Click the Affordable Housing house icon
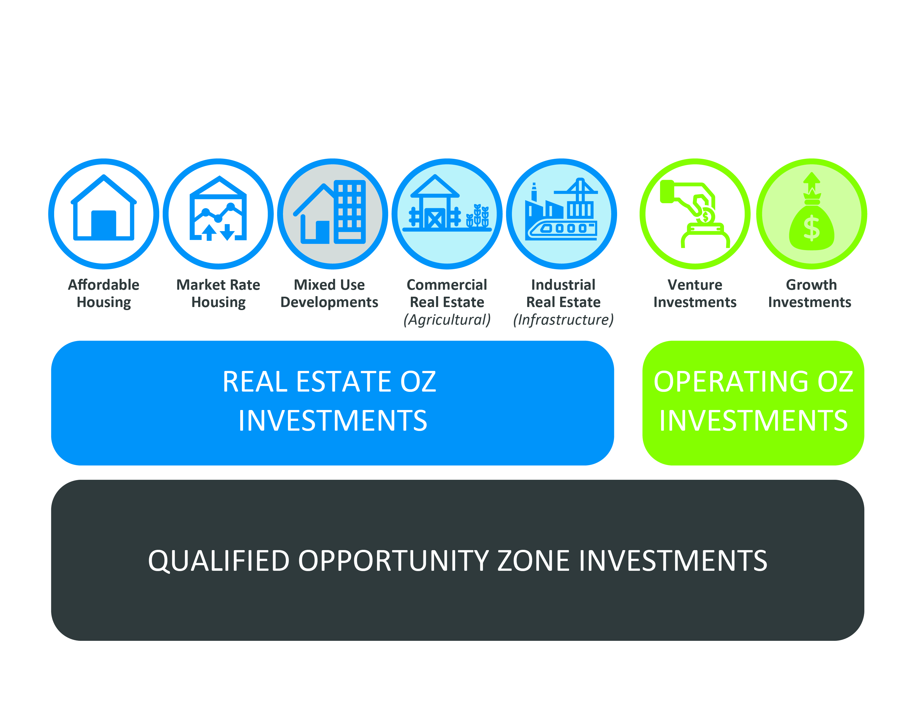click(x=104, y=208)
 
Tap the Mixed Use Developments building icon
click(x=330, y=212)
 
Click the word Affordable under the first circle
click(x=104, y=285)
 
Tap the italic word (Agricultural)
click(x=447, y=320)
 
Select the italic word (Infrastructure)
click(x=563, y=320)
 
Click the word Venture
click(x=695, y=285)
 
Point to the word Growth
click(x=811, y=285)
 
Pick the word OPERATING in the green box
click(x=732, y=382)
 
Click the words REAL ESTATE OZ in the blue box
click(x=329, y=382)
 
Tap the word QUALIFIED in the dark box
click(x=219, y=561)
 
